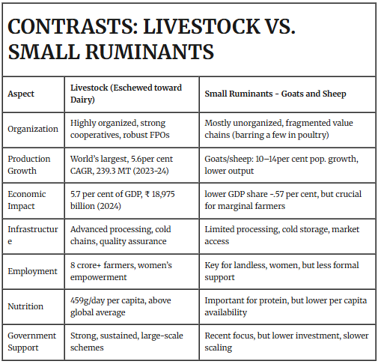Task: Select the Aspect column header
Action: (22, 94)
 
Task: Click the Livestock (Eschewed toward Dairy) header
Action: (126, 94)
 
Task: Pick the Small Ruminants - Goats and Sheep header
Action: (275, 94)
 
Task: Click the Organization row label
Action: (33, 129)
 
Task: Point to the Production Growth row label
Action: (29, 163)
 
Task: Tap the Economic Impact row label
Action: (28, 199)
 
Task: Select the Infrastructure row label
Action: (33, 234)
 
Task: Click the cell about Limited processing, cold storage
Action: (281, 234)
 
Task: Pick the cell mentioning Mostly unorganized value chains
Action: (281, 129)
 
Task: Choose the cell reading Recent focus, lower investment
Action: (287, 341)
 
